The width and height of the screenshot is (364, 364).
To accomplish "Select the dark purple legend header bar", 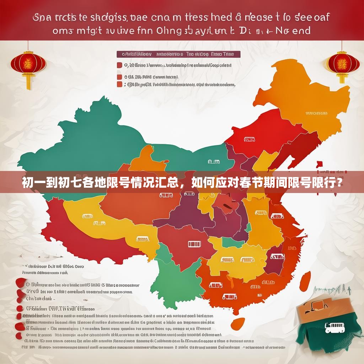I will click(178, 54).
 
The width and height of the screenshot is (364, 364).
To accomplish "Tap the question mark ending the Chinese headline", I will click(340, 183).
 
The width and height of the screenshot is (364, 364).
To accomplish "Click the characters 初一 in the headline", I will click(34, 183).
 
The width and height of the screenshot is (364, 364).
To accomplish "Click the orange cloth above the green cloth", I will click(316, 309).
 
